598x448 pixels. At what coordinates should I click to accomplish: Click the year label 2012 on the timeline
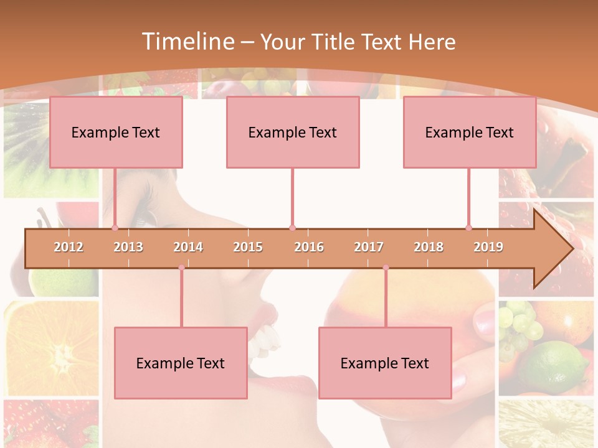click(x=69, y=247)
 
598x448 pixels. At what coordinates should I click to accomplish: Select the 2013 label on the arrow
click(x=128, y=247)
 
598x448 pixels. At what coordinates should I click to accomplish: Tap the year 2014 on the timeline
click(x=188, y=247)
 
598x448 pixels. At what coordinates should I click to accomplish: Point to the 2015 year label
click(x=248, y=247)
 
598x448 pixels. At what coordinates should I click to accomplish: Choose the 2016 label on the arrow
click(x=309, y=247)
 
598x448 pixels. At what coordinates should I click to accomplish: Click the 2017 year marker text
click(x=369, y=247)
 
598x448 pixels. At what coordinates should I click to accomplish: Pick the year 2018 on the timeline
click(x=429, y=247)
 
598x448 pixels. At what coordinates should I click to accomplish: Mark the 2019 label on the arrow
click(x=488, y=247)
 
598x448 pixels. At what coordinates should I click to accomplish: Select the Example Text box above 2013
click(x=116, y=132)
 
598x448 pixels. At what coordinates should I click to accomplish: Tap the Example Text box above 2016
click(x=293, y=132)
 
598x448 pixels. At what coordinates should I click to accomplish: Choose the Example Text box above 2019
click(x=470, y=132)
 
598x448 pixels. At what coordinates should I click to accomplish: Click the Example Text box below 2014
click(x=181, y=363)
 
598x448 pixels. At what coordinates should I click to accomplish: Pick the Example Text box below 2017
click(x=385, y=363)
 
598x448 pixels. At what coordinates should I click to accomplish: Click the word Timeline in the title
click(x=187, y=42)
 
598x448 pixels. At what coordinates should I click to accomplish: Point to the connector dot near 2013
click(x=115, y=228)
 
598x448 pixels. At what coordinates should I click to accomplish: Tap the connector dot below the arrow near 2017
click(x=386, y=268)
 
